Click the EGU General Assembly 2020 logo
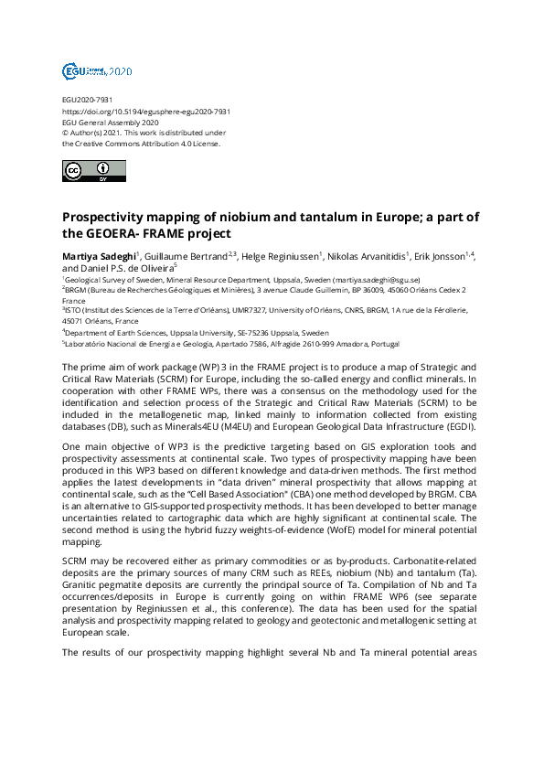point(97,70)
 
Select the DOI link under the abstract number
point(145,111)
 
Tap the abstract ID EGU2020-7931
point(88,100)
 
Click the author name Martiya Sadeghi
point(99,255)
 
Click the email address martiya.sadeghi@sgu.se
point(376,279)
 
